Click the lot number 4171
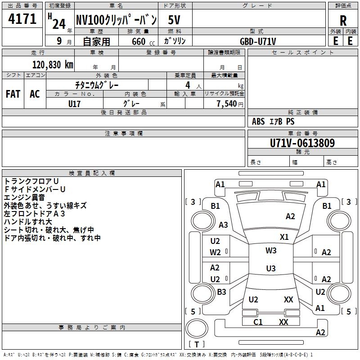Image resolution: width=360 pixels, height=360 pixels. point(22,19)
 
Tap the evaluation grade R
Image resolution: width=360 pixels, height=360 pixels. point(343,21)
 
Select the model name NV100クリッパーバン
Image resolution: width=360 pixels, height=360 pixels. point(116,20)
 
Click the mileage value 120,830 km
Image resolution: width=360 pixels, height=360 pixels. point(53,64)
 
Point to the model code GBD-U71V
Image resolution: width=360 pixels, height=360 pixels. point(258,41)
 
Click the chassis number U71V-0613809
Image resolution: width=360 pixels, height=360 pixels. point(302,143)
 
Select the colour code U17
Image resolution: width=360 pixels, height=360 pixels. point(74,103)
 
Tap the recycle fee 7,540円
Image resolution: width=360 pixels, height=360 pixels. point(229,104)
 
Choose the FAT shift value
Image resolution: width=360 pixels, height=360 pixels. point(13,94)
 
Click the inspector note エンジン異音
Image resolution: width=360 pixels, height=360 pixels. point(24,197)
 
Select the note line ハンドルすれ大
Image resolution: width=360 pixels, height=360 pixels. point(28,221)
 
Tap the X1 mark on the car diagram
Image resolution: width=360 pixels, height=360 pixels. point(284,237)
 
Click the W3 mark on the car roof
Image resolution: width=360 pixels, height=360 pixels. point(271,251)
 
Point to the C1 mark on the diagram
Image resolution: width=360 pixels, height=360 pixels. point(258,322)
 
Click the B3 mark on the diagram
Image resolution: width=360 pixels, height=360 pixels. point(221,292)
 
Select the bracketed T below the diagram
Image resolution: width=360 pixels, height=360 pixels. point(197,344)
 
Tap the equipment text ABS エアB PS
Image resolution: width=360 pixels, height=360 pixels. point(273,121)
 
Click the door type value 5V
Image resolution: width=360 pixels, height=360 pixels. point(175,20)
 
